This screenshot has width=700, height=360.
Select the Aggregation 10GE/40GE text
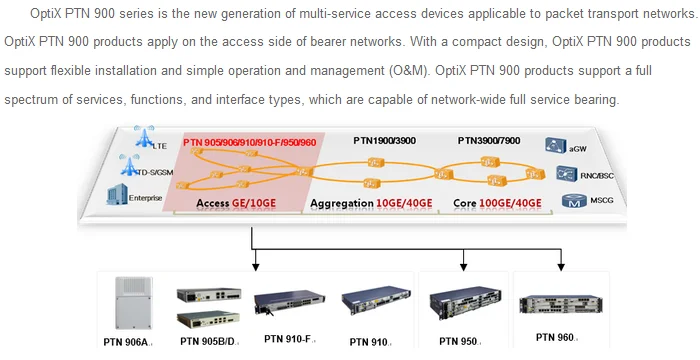371,203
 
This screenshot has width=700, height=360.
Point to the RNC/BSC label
595,174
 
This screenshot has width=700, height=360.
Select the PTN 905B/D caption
209,342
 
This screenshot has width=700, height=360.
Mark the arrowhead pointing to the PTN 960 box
560,266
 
